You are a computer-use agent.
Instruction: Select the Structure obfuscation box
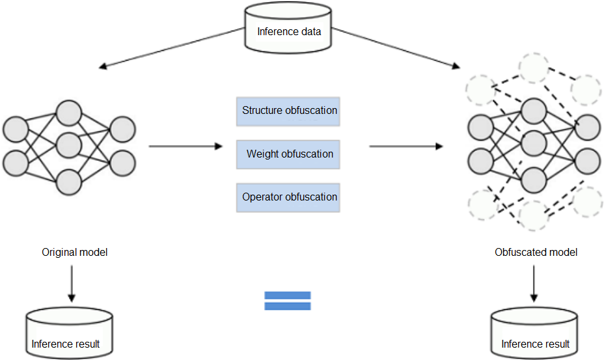click(x=288, y=111)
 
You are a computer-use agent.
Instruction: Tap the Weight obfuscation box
click(x=288, y=154)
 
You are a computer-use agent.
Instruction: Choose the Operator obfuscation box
click(x=288, y=197)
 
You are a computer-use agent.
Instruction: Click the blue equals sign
click(x=287, y=300)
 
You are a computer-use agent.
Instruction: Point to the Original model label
click(x=74, y=252)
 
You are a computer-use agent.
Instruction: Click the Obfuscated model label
click(x=536, y=252)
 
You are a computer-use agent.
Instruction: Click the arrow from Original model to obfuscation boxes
click(x=185, y=146)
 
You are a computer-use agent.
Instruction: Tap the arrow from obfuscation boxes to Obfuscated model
click(x=406, y=146)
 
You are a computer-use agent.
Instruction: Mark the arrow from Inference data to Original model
click(x=172, y=48)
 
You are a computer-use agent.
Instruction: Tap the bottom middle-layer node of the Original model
click(x=68, y=182)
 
